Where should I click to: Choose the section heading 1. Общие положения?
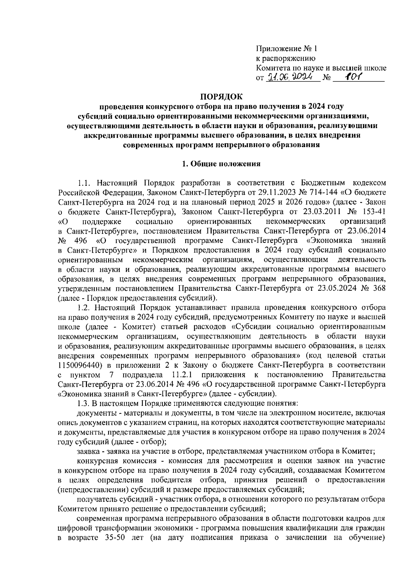(221, 164)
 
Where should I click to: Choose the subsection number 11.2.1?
(184, 374)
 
